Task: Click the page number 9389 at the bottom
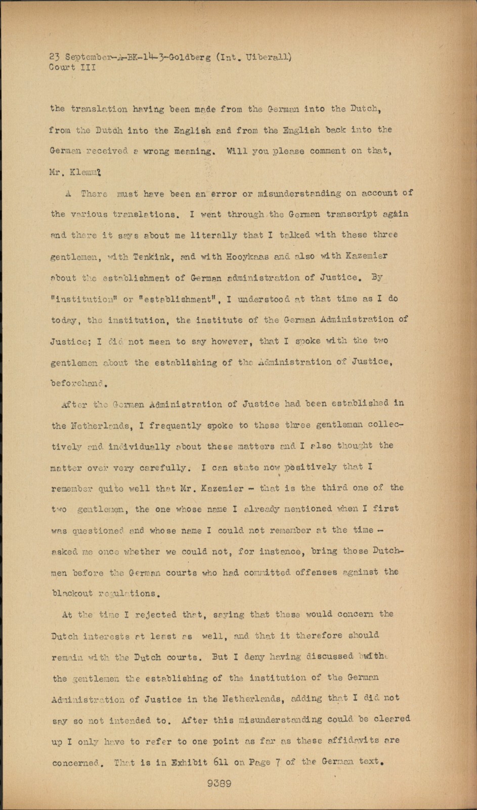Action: pyautogui.click(x=219, y=783)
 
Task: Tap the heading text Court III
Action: pyautogui.click(x=72, y=67)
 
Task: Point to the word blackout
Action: pyautogui.click(x=72, y=593)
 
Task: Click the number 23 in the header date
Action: pyautogui.click(x=55, y=57)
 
